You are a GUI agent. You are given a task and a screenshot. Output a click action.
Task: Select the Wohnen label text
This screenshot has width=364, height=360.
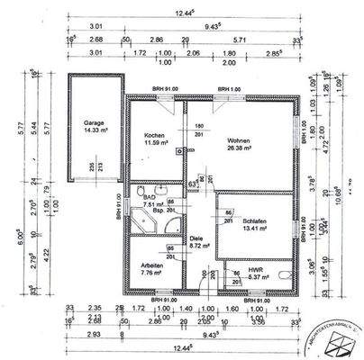pos(238,140)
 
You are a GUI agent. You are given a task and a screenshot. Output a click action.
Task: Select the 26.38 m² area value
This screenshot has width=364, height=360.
pos(238,150)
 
